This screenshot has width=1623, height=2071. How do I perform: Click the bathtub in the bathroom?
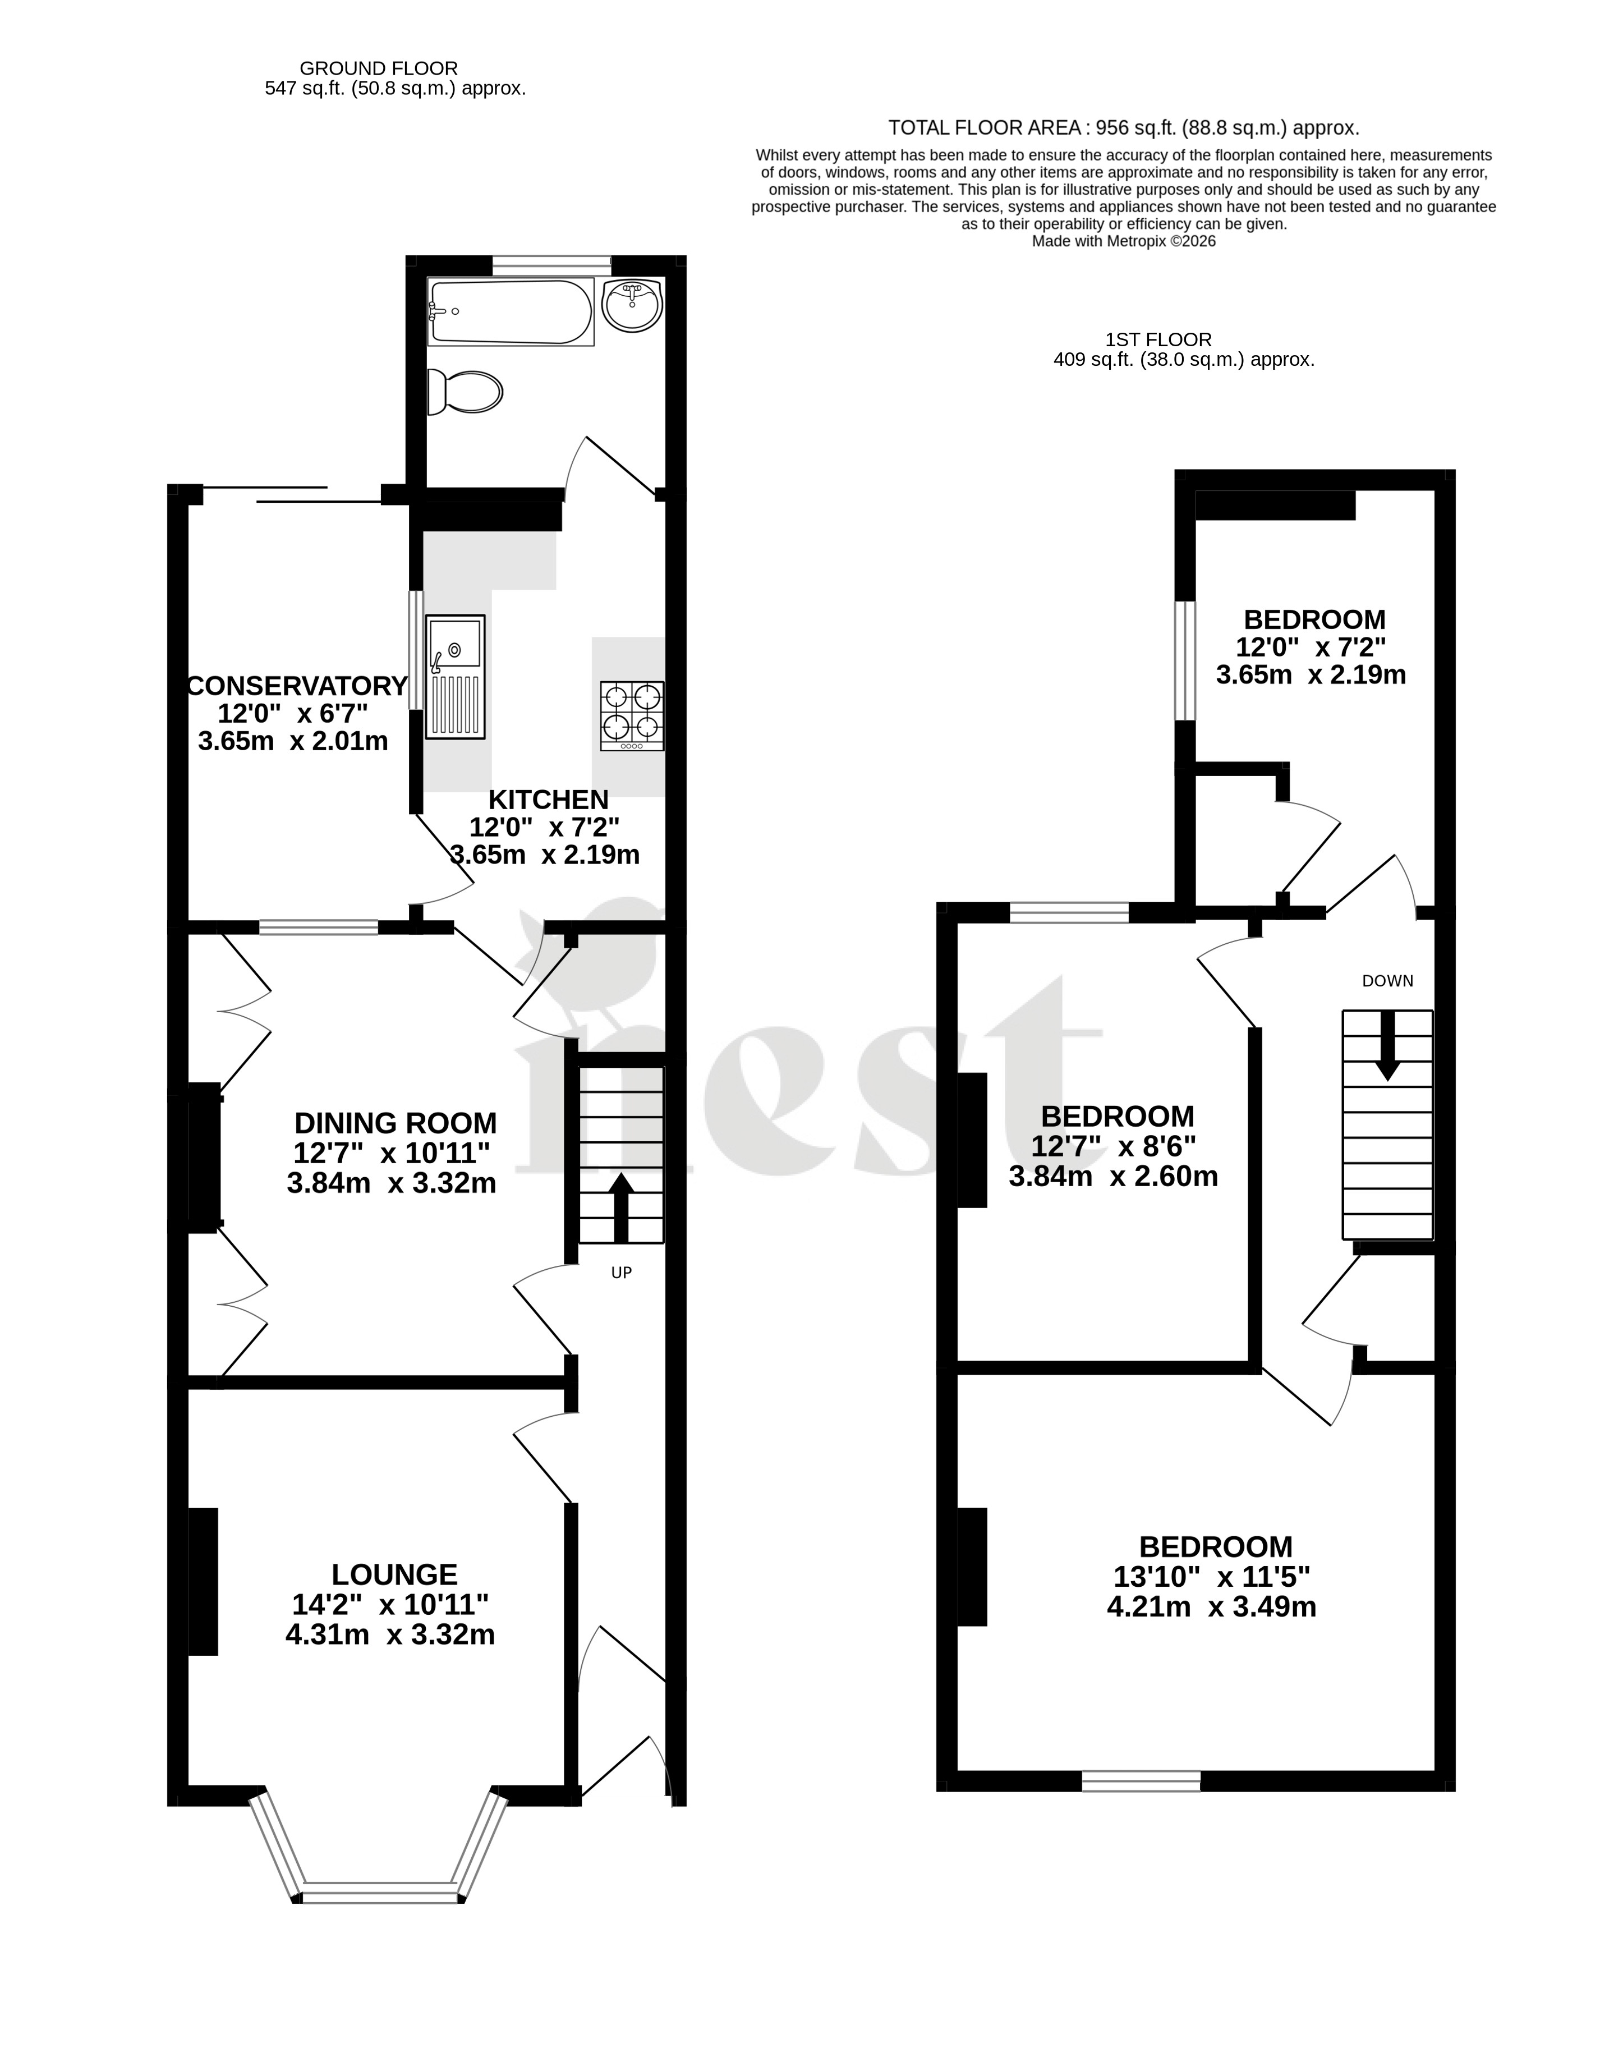[511, 312]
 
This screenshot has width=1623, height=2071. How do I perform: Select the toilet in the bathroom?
[465, 392]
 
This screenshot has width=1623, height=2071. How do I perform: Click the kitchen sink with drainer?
[455, 677]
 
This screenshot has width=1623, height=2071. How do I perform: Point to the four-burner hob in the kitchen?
[632, 716]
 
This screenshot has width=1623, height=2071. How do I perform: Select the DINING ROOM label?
[396, 1123]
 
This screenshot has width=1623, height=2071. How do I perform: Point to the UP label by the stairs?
[622, 1273]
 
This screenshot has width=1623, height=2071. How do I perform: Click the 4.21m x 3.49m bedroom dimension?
[1212, 1607]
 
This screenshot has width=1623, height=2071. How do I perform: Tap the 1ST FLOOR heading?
[1158, 339]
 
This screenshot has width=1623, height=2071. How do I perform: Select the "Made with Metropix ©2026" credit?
[1124, 241]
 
